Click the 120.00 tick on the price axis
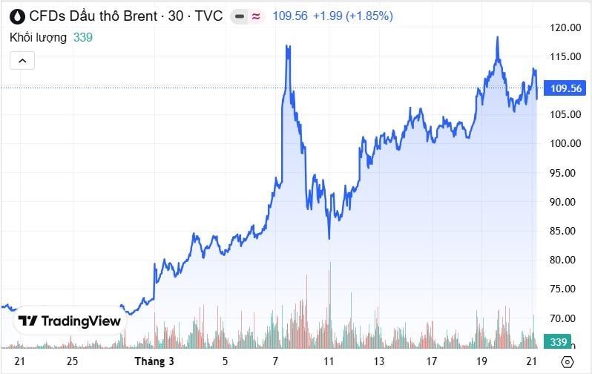point(565,27)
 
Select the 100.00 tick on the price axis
point(565,143)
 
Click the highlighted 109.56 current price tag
point(565,88)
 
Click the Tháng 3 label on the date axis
point(155,361)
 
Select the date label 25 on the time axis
point(71,361)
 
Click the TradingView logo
point(69,321)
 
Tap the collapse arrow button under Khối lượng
point(22,61)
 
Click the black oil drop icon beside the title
point(16,16)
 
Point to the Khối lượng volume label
point(38,37)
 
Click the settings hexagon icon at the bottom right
point(567,361)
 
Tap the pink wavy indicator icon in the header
point(257,16)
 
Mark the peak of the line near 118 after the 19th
point(497,37)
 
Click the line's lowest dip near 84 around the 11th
point(329,238)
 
